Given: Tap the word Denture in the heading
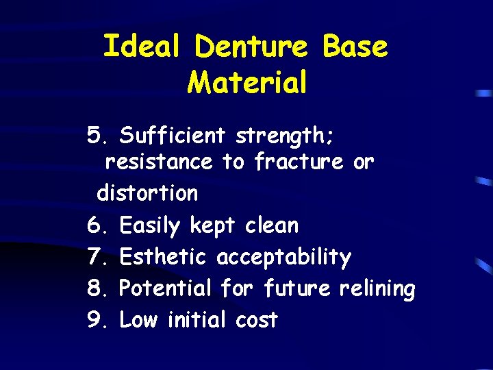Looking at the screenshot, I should click(x=250, y=47).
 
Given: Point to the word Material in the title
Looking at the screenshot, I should click(x=246, y=83).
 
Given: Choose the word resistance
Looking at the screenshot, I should click(x=159, y=162).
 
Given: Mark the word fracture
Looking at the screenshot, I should click(x=299, y=162).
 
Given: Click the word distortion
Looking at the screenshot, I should click(x=147, y=193).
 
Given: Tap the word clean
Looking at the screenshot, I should click(x=272, y=225).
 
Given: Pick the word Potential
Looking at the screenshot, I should click(x=165, y=288).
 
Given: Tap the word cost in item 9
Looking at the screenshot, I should click(x=256, y=320).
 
